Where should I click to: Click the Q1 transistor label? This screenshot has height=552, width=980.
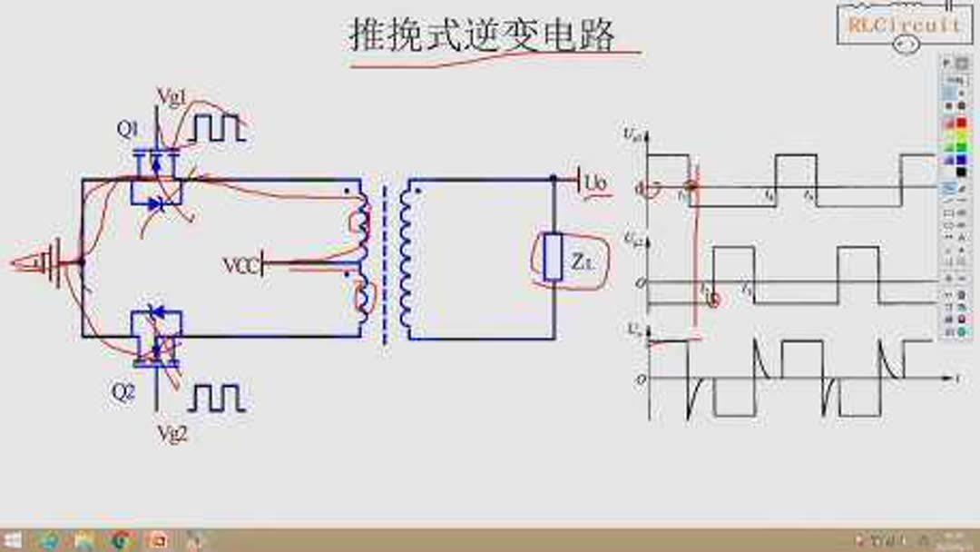[x=127, y=129]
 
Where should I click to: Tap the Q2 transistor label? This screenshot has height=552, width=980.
[x=123, y=393]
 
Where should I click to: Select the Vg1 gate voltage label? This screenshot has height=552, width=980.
[x=172, y=95]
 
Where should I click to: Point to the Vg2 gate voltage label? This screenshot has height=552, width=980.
[x=172, y=434]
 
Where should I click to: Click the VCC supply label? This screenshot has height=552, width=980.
[x=240, y=265]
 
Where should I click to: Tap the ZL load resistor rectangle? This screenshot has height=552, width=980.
[x=554, y=258]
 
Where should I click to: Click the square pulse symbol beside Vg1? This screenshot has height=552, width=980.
[x=216, y=129]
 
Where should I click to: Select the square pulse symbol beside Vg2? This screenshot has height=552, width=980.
[x=216, y=398]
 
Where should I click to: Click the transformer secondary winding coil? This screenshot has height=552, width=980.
[x=405, y=259]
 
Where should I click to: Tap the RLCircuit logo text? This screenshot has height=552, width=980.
[x=903, y=25]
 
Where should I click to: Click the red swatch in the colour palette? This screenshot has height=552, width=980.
[x=961, y=123]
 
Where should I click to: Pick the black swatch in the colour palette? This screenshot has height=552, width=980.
[x=961, y=172]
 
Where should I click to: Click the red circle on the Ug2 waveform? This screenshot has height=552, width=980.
[x=713, y=299]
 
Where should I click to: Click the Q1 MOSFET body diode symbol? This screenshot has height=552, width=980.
[x=156, y=205]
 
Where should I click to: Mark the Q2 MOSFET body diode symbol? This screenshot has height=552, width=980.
[x=156, y=313]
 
